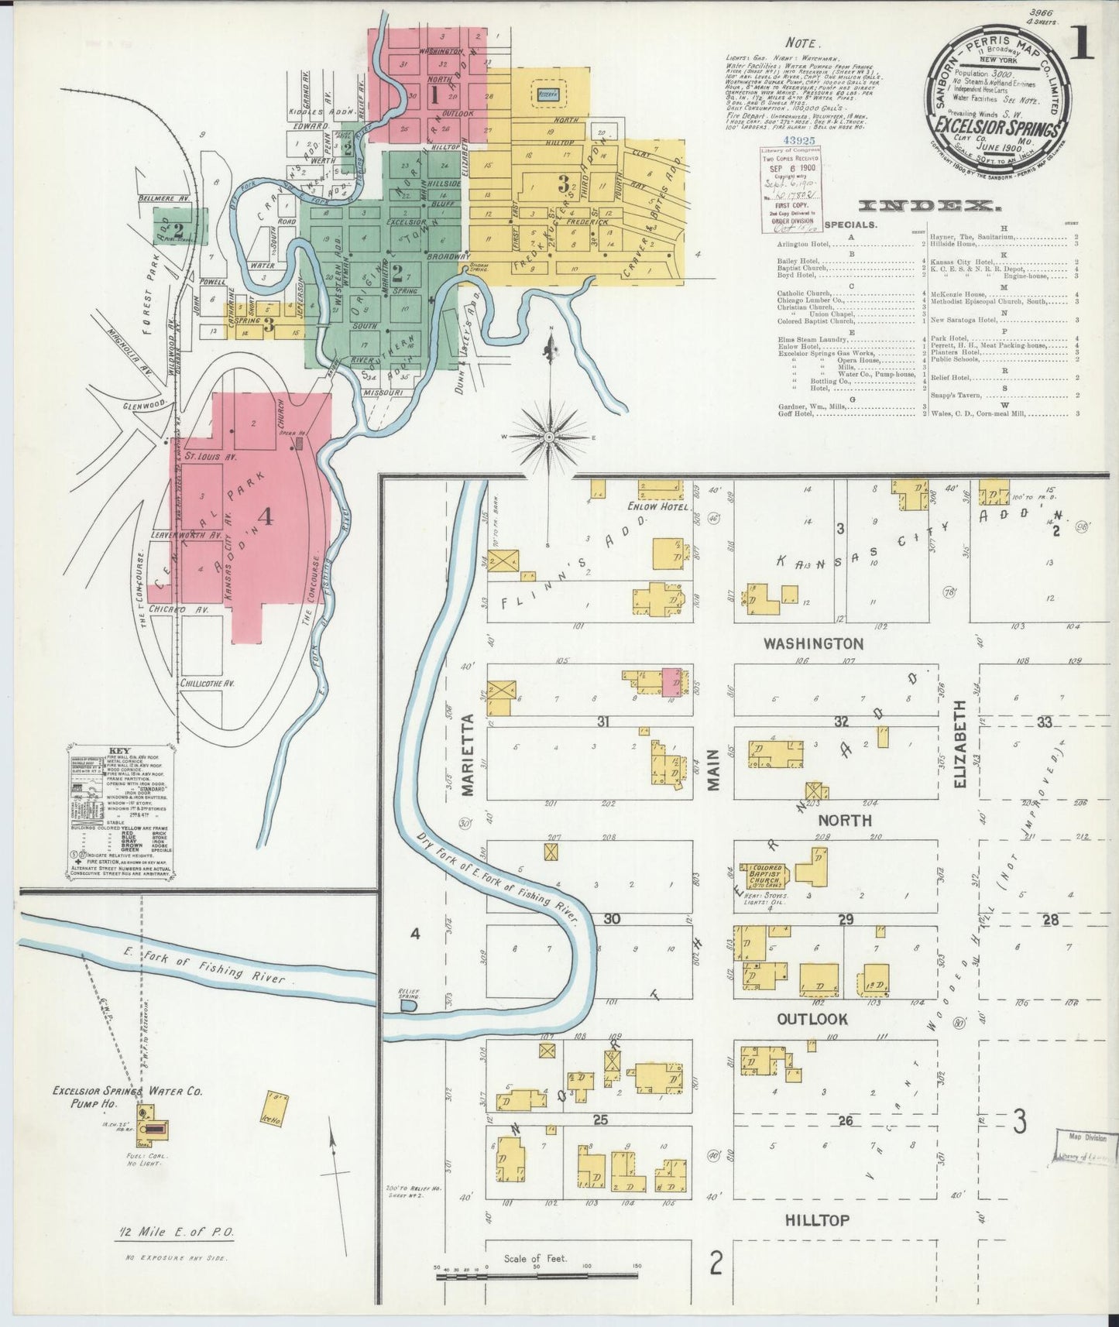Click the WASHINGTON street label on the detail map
813,643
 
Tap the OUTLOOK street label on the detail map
812,1019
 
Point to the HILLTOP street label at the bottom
817,1220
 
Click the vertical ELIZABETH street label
961,745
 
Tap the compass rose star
548,437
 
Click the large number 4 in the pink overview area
266,517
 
